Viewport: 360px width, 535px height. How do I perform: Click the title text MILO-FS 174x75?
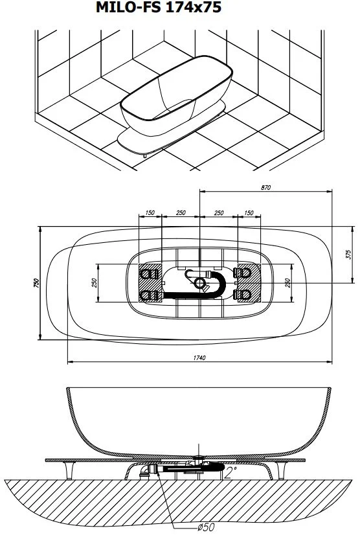coord(159,7)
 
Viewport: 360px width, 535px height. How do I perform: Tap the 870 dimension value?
coord(265,187)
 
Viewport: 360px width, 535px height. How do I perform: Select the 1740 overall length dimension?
coord(199,358)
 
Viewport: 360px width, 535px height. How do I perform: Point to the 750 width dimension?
coord(37,283)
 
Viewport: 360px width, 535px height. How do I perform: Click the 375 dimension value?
coord(348,254)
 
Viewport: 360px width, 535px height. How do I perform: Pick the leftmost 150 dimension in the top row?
coord(150,212)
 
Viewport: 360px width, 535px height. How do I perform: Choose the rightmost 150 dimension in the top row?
coord(249,212)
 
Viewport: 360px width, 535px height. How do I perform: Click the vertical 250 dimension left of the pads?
coord(95,283)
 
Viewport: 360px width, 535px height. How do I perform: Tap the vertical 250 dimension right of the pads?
coord(287,283)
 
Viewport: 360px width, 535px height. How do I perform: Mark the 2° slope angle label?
coord(231,473)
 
